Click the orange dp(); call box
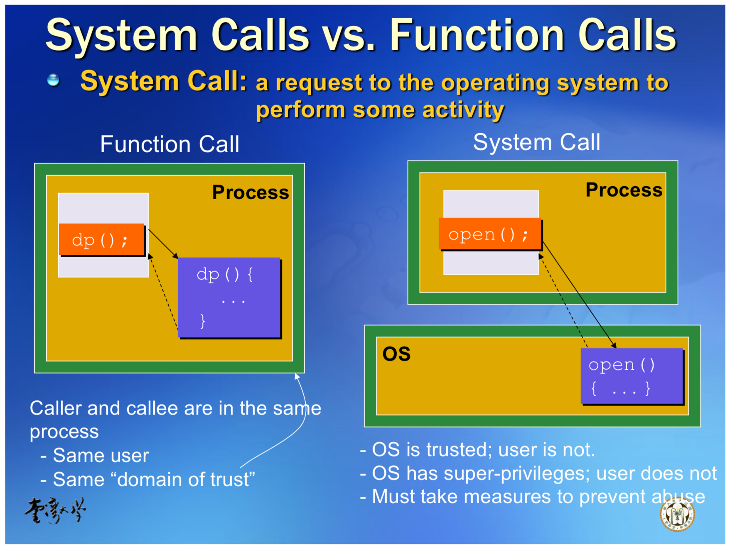point(101,240)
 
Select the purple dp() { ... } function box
point(229,297)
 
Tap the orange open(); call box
point(490,234)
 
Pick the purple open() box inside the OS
point(631,376)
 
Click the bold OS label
point(396,354)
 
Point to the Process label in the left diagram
point(250,193)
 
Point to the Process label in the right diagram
point(624,190)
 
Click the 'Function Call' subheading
point(170,144)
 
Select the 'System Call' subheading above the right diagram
point(536,142)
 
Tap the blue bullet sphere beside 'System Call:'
point(53,80)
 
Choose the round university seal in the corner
point(677,515)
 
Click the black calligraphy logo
point(55,510)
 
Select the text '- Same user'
point(95,456)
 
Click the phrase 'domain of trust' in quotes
point(183,480)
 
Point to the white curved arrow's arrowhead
point(297,376)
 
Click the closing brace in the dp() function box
point(202,321)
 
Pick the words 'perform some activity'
point(380,110)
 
